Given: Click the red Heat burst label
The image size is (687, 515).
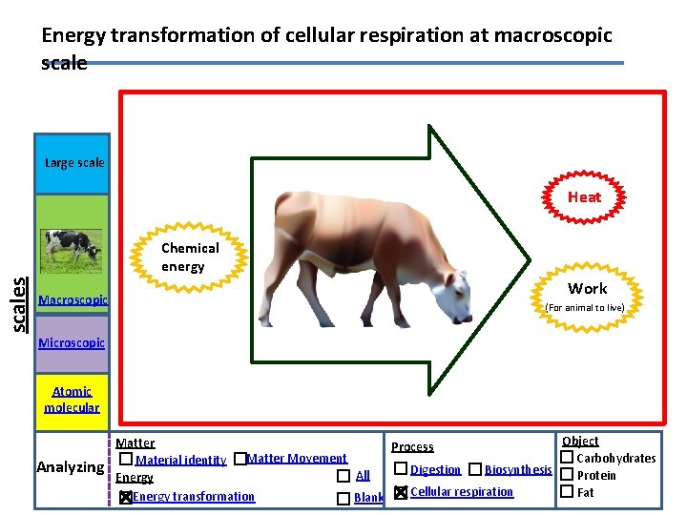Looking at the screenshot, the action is (x=584, y=197).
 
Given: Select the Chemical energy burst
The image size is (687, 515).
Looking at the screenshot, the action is (x=190, y=257).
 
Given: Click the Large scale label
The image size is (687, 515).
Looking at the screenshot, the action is (x=74, y=162).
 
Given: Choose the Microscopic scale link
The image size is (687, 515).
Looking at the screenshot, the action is (x=72, y=342).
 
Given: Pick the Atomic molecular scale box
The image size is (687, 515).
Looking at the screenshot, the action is (x=72, y=399).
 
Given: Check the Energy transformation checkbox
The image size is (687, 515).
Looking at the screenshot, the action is (x=126, y=497).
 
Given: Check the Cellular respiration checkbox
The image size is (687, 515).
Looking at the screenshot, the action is (x=401, y=492).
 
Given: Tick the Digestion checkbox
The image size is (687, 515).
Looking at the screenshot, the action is (x=401, y=469).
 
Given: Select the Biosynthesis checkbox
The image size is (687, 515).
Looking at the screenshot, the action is (x=475, y=469).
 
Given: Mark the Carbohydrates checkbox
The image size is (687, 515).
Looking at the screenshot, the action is (x=566, y=458).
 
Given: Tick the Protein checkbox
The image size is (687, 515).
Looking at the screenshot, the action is (x=566, y=475).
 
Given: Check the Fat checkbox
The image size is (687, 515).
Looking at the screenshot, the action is (x=566, y=492).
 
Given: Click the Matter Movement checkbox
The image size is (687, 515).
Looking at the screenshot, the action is (x=239, y=459).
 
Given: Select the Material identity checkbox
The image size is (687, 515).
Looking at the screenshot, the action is (x=126, y=460).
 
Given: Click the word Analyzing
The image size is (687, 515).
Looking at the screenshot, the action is (x=70, y=467).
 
